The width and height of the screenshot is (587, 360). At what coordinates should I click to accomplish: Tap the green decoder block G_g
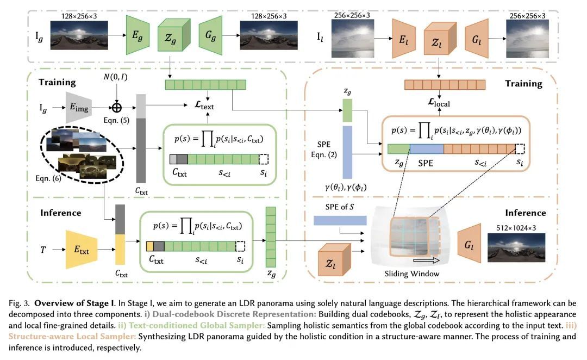click(x=210, y=35)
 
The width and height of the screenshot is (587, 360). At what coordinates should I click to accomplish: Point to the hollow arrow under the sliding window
click(x=428, y=261)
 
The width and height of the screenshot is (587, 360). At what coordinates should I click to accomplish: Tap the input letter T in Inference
click(x=43, y=250)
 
